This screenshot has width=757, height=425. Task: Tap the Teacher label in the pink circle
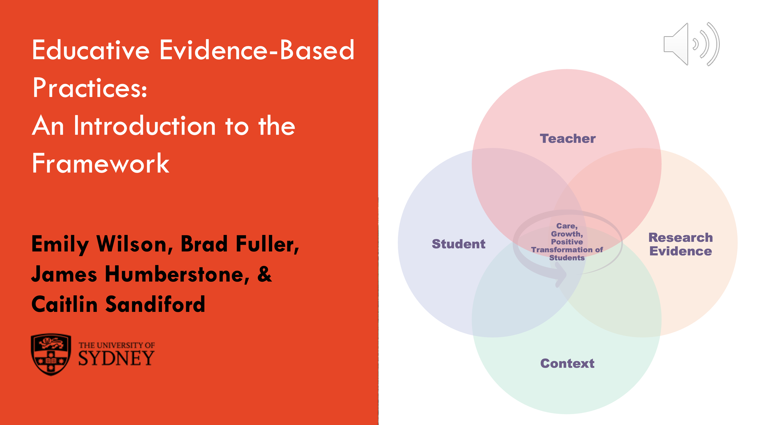[x=567, y=139]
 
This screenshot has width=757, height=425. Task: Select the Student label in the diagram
[x=458, y=244]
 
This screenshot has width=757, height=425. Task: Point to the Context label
[x=567, y=363]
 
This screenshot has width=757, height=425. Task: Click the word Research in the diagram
[x=680, y=238]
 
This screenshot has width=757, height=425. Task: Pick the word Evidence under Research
[x=680, y=251]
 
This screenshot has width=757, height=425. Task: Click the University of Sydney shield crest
[x=51, y=354]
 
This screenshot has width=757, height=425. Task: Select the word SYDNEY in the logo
[x=116, y=358]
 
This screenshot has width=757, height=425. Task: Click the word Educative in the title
[x=91, y=50]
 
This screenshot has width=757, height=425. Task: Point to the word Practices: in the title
[x=90, y=88]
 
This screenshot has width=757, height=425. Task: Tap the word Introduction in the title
[x=144, y=126]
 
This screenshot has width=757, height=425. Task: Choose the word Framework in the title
[x=101, y=164]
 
